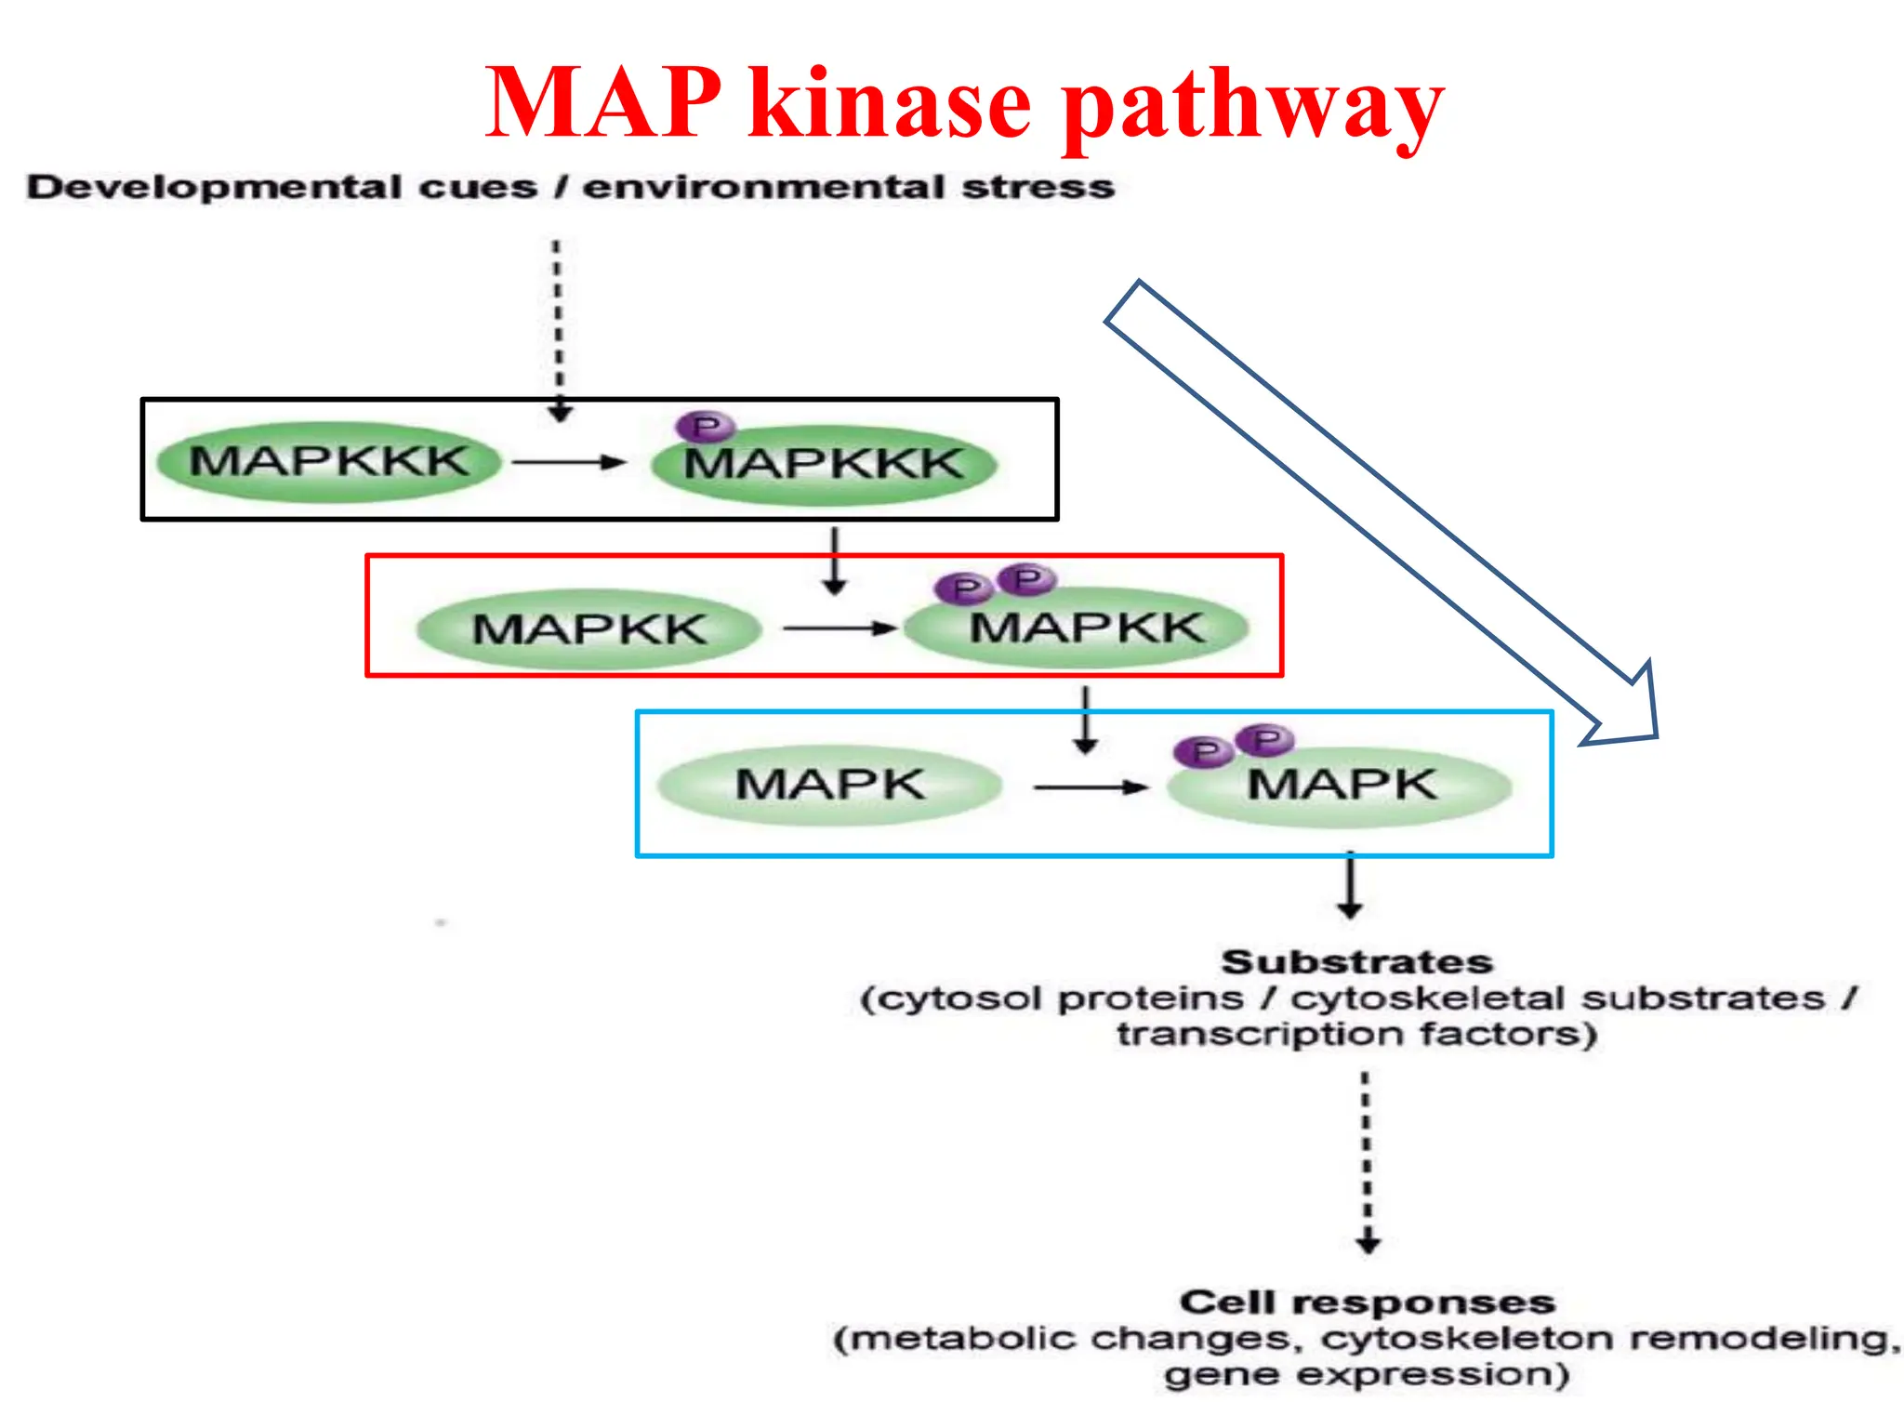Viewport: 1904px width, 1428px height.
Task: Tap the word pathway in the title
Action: (1252, 104)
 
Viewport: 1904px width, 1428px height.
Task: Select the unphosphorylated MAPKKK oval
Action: (328, 462)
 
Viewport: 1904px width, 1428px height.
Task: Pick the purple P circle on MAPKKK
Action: (706, 427)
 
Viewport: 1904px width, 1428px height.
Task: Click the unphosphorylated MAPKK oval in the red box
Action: (588, 629)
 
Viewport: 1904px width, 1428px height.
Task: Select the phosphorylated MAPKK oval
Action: (1078, 629)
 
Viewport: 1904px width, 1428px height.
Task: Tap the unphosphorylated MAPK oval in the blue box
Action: (829, 786)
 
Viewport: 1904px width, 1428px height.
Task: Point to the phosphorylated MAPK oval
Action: (1340, 787)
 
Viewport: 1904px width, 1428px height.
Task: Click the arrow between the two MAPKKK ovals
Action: (569, 462)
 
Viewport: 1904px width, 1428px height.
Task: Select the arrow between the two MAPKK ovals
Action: (839, 628)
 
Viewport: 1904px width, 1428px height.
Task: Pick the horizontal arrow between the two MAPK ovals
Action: (1090, 787)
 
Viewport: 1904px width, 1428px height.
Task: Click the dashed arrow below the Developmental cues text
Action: (558, 330)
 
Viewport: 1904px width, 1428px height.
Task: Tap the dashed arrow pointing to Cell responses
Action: (1367, 1162)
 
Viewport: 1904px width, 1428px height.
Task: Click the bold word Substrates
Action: (1356, 961)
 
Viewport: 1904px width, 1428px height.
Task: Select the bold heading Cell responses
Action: (1367, 1302)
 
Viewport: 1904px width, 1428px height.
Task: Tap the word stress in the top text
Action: (1038, 187)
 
